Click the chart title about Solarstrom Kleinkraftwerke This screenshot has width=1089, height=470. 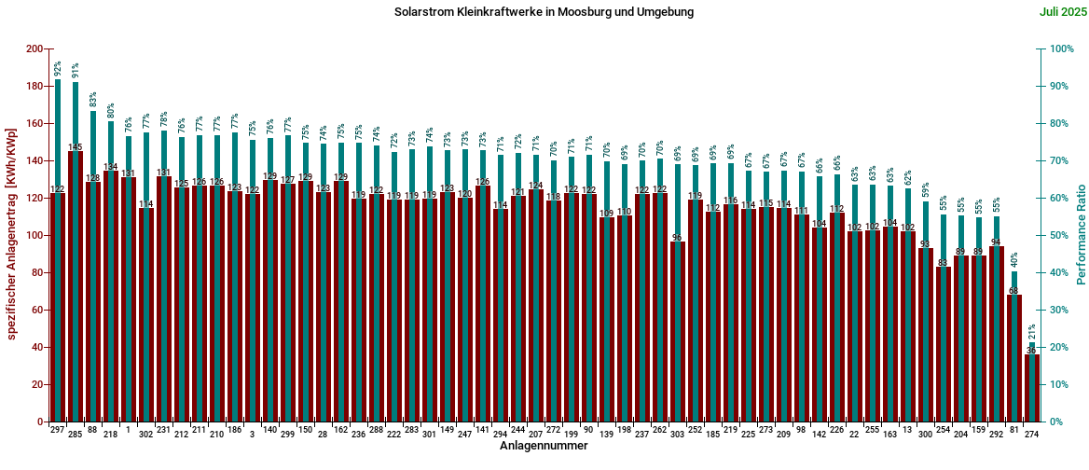[544, 12]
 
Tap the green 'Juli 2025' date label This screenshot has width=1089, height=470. [1061, 12]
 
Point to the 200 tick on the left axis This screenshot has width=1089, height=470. [34, 48]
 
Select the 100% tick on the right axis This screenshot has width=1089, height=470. [1060, 48]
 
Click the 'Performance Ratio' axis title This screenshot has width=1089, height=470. [1082, 235]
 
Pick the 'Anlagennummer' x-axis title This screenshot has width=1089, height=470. [544, 447]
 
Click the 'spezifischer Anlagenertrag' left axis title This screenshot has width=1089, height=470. [12, 235]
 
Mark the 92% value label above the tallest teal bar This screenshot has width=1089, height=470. [58, 69]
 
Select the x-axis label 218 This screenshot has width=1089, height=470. [110, 435]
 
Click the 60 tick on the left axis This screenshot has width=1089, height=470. [38, 310]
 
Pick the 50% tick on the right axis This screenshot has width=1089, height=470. [1057, 235]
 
